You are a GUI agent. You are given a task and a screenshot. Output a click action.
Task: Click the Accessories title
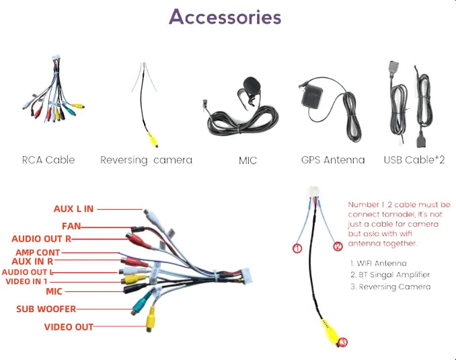[225, 17]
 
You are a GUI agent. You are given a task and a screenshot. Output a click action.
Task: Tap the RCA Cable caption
[48, 159]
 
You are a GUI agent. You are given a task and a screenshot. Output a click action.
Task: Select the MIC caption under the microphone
[248, 161]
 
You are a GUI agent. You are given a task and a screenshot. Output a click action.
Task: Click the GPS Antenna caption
[333, 159]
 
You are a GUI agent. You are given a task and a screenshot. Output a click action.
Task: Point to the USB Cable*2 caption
[414, 159]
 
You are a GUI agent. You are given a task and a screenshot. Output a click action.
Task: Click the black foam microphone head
[252, 85]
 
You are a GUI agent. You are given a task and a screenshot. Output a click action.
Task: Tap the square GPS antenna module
[312, 96]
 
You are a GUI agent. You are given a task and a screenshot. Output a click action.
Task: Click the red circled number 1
[297, 248]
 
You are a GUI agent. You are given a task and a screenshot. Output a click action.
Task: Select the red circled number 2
[338, 246]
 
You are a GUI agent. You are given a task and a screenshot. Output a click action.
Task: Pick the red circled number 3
[343, 343]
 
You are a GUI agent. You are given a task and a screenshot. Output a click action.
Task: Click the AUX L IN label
[73, 209]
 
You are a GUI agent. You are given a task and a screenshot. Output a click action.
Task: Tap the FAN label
[71, 226]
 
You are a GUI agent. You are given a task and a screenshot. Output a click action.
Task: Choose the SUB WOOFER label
[46, 309]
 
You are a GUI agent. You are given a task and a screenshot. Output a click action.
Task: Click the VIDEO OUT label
[69, 327]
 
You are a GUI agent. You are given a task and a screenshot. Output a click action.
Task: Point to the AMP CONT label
[38, 252]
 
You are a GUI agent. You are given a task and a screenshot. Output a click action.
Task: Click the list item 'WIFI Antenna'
[379, 263]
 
